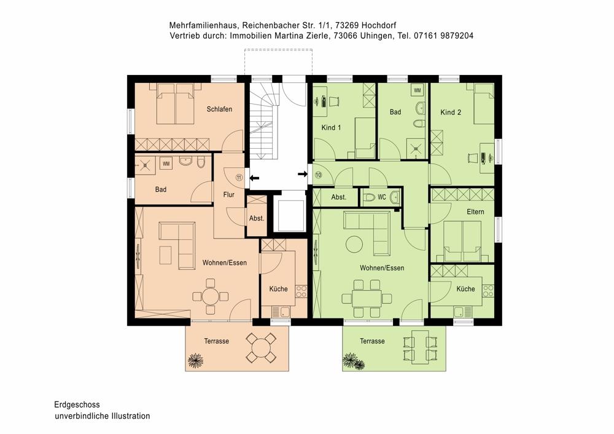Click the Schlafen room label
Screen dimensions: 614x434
click(219, 109)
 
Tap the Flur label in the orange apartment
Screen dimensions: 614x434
click(228, 194)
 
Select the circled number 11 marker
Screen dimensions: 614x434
click(239, 177)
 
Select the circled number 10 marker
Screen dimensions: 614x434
click(318, 175)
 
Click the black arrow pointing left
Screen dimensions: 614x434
click(254, 178)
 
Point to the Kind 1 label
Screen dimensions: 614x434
click(331, 127)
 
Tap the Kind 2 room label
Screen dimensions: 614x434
click(451, 112)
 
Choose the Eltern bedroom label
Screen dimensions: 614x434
click(475, 211)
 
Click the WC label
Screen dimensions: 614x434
click(382, 197)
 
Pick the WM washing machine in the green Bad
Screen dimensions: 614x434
click(418, 90)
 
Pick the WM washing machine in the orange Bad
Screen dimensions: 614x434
click(166, 164)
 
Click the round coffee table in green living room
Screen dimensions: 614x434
click(354, 244)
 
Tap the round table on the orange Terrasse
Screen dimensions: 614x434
click(260, 347)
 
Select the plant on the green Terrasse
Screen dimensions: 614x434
click(354, 361)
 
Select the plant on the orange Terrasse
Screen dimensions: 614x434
click(195, 360)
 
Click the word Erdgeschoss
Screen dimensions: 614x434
click(77, 404)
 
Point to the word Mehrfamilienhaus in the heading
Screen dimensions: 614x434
click(203, 25)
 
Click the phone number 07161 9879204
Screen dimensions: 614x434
click(443, 36)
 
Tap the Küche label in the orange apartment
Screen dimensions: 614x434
click(278, 289)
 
